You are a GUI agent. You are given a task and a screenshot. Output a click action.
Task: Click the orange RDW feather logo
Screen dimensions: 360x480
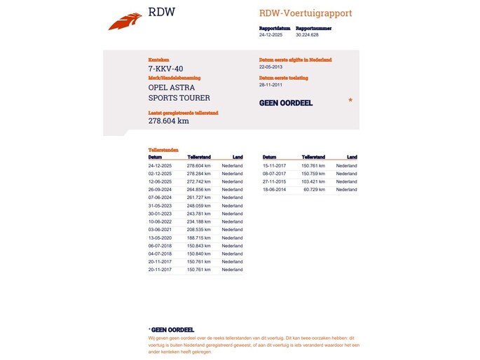[125, 22]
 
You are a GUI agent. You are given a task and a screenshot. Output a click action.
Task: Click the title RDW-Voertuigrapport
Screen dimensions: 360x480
[306, 13]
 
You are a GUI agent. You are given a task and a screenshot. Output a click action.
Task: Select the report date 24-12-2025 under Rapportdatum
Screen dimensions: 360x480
[270, 34]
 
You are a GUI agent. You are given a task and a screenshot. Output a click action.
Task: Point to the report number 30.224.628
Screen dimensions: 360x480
[307, 34]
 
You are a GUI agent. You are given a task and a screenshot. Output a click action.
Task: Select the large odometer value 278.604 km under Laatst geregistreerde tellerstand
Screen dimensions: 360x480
[169, 120]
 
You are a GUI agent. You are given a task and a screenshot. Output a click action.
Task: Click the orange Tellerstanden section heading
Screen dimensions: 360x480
[163, 150]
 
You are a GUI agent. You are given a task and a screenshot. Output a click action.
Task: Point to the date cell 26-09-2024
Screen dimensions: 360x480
[160, 189]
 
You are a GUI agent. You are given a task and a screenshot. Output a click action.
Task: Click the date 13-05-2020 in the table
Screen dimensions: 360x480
[160, 237]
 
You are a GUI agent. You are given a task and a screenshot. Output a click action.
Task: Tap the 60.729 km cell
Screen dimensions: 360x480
[315, 189]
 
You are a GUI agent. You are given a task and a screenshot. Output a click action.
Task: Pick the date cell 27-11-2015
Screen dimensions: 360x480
[275, 181]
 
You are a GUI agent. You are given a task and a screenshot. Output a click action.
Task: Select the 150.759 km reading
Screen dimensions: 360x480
[313, 173]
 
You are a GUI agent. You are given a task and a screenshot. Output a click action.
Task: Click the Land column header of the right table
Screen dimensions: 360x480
[352, 157]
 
